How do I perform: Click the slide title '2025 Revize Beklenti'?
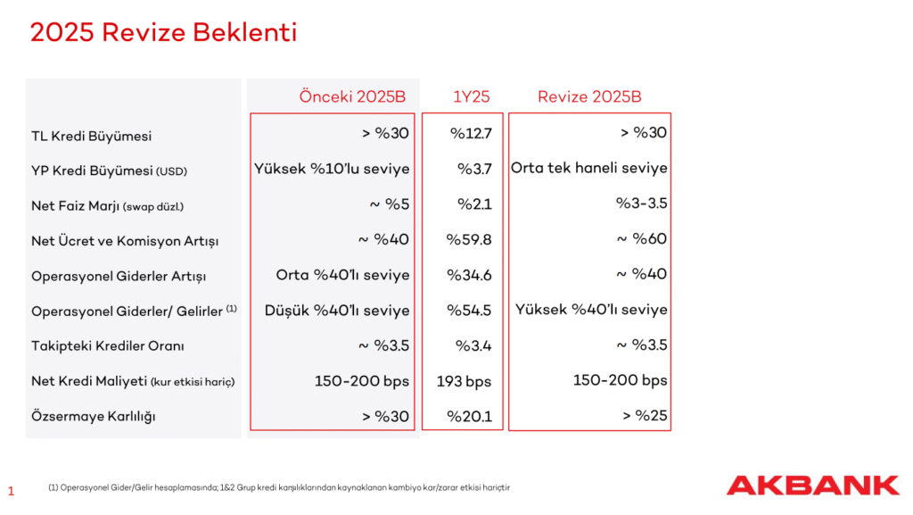point(163,33)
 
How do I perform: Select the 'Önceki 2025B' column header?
point(352,97)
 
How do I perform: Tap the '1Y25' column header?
point(471,97)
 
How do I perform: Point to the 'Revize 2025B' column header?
point(589,97)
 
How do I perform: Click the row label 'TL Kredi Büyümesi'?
point(91,136)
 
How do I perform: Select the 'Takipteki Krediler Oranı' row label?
point(108,346)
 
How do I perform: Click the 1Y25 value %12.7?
point(471,135)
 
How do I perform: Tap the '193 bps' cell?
point(465,382)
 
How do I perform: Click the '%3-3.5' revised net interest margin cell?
point(641,204)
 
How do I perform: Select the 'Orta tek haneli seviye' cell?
point(589,168)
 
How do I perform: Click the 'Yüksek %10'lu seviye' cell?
point(332,169)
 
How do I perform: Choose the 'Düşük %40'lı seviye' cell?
point(337,311)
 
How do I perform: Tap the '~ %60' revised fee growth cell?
point(641,239)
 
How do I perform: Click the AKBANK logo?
point(812,486)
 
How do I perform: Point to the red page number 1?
point(11,491)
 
